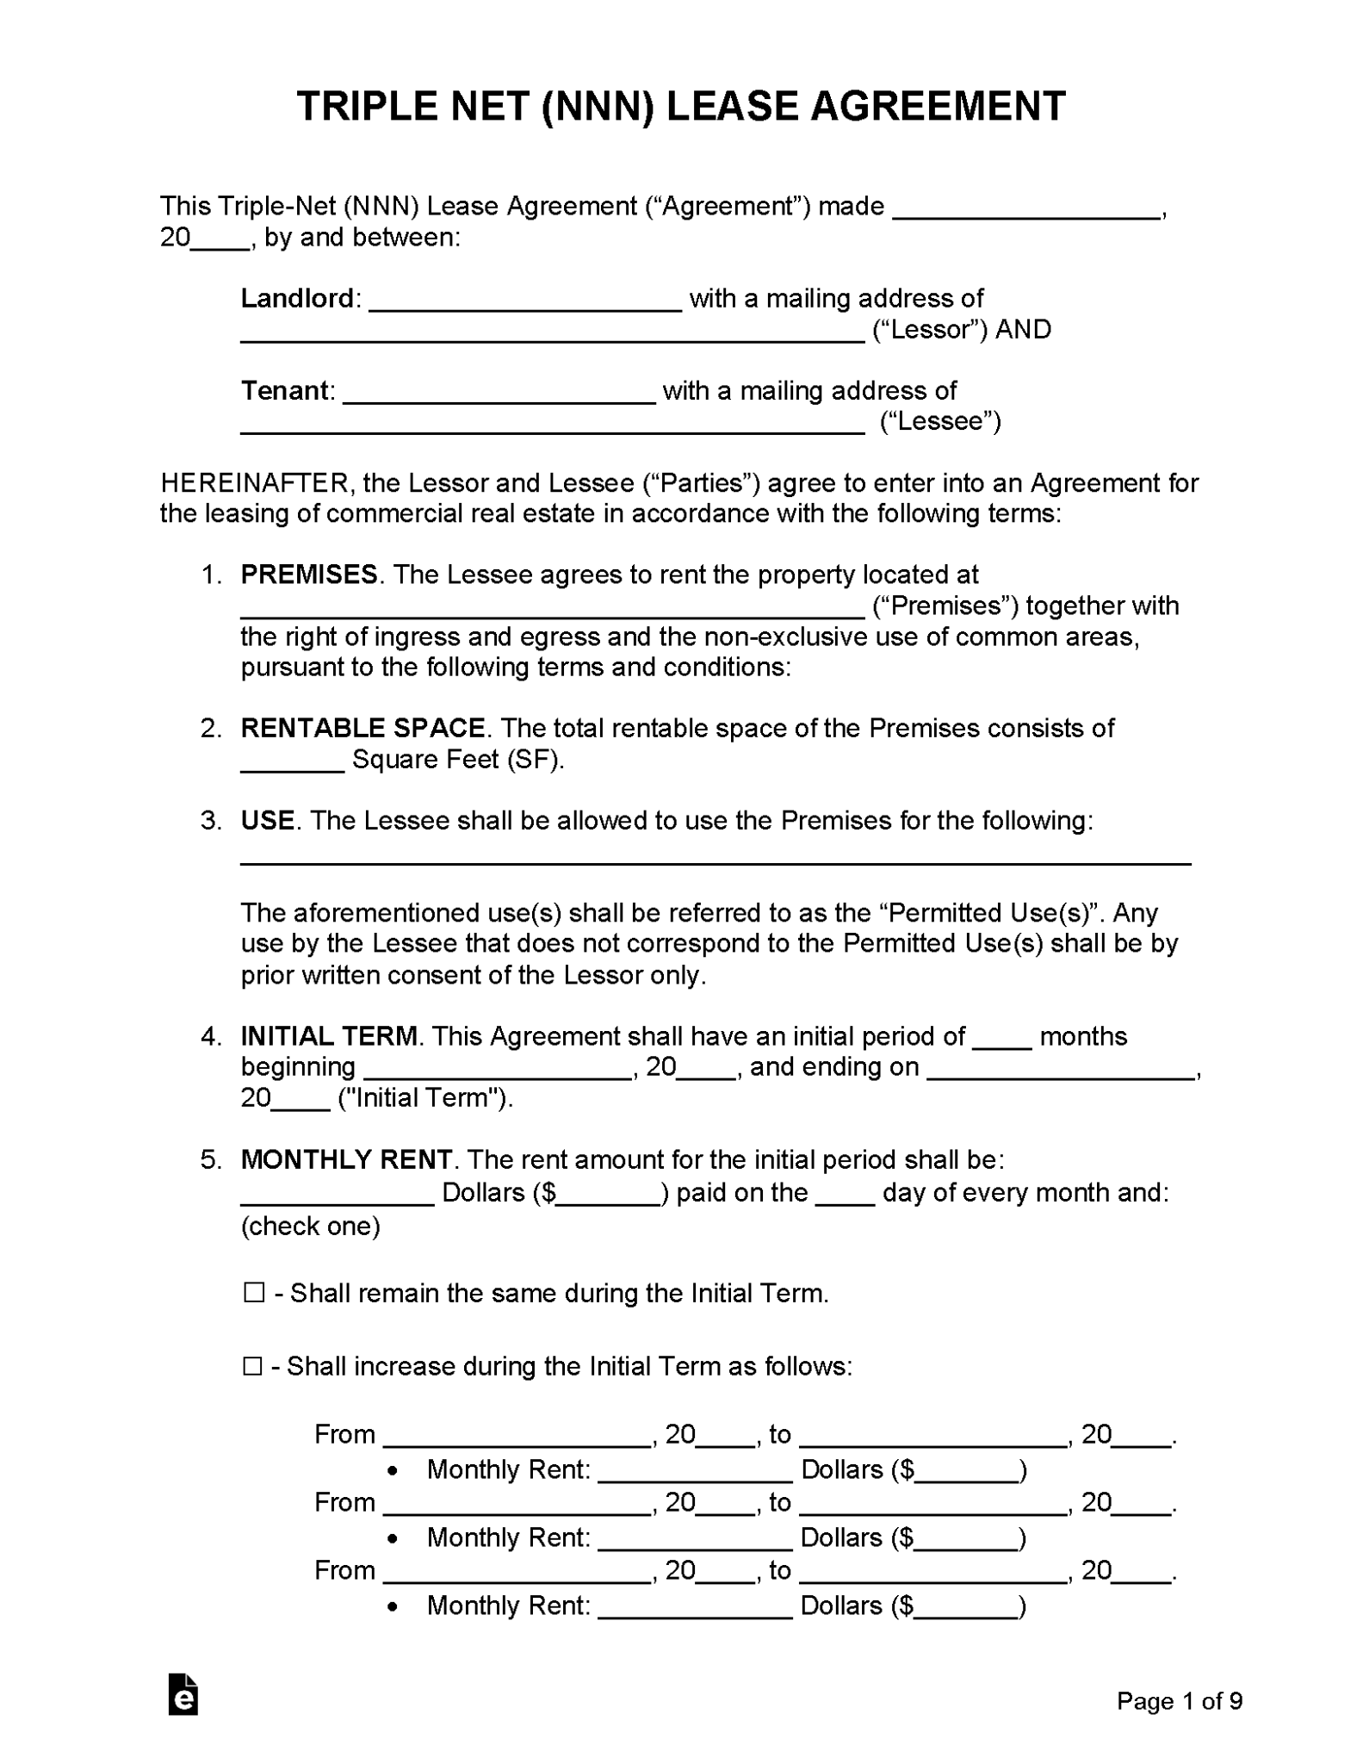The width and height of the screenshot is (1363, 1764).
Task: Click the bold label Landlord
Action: (x=297, y=299)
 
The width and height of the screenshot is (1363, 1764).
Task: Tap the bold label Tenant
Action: (x=285, y=391)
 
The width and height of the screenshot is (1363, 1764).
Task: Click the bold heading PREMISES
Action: (x=308, y=575)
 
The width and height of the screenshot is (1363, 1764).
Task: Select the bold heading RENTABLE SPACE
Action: (x=362, y=728)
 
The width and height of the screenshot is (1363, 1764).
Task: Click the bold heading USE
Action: (x=268, y=820)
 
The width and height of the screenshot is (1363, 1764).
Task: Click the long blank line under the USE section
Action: (x=715, y=859)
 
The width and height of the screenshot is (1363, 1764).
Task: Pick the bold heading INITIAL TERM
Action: (x=329, y=1035)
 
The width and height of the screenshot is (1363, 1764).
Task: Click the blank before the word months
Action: (x=1001, y=1041)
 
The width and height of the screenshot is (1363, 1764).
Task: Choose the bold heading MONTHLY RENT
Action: (x=346, y=1159)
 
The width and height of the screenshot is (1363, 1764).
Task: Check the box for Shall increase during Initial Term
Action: (x=252, y=1366)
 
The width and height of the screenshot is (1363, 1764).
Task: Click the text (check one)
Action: (x=310, y=1226)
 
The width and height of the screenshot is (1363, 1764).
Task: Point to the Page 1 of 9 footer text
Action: (x=1179, y=1700)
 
